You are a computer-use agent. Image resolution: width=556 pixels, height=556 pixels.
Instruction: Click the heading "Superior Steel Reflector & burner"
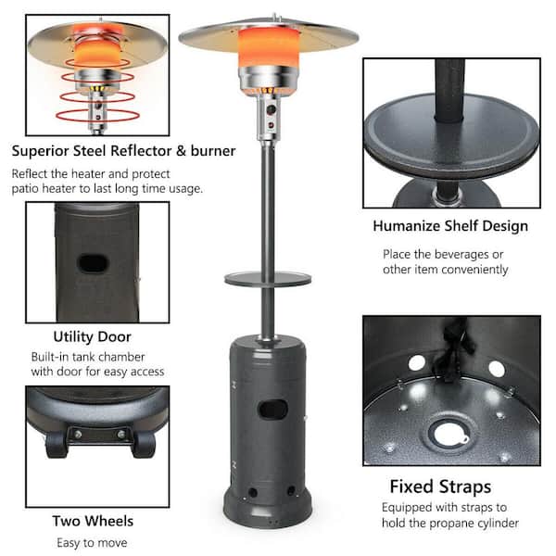[x=123, y=151]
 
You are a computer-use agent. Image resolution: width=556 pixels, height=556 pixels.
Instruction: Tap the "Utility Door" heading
[x=92, y=336]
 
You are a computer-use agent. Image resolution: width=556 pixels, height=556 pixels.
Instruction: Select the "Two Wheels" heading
[x=92, y=521]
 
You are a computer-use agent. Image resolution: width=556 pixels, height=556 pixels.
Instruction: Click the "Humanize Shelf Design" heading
[x=450, y=225]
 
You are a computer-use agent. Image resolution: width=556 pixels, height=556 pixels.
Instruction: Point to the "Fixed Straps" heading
[x=440, y=486]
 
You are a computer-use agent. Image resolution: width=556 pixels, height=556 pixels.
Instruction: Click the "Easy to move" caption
[x=92, y=542]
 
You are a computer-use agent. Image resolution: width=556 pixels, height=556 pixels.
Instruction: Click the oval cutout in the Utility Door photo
[x=94, y=263]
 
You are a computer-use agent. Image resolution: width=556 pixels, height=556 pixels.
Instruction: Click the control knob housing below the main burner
[x=270, y=116]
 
